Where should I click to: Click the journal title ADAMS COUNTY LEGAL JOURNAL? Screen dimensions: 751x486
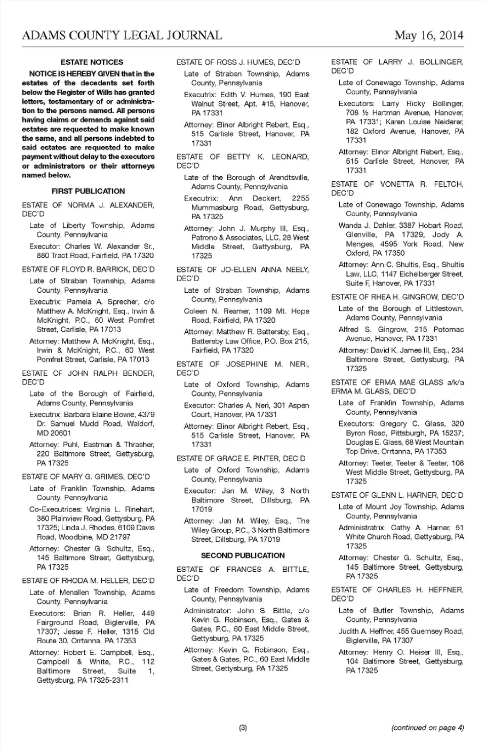click(x=122, y=35)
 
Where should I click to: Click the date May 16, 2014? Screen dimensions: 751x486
click(x=429, y=35)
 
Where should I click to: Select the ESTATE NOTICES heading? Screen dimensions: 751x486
click(x=92, y=62)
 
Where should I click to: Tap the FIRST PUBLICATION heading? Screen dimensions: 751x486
click(x=88, y=191)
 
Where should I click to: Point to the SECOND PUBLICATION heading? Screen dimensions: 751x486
click(x=242, y=556)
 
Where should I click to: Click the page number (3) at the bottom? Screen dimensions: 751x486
click(x=243, y=728)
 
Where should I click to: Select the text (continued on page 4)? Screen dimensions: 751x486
click(x=427, y=728)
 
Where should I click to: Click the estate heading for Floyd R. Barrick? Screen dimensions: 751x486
click(x=88, y=269)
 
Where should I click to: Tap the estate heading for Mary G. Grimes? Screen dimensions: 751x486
click(x=86, y=477)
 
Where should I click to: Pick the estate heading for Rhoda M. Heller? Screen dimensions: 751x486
click(x=88, y=581)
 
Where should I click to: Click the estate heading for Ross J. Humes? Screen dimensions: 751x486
click(x=238, y=62)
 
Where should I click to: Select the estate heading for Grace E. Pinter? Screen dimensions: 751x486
click(x=241, y=459)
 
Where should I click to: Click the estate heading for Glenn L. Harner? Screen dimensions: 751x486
click(x=397, y=495)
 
